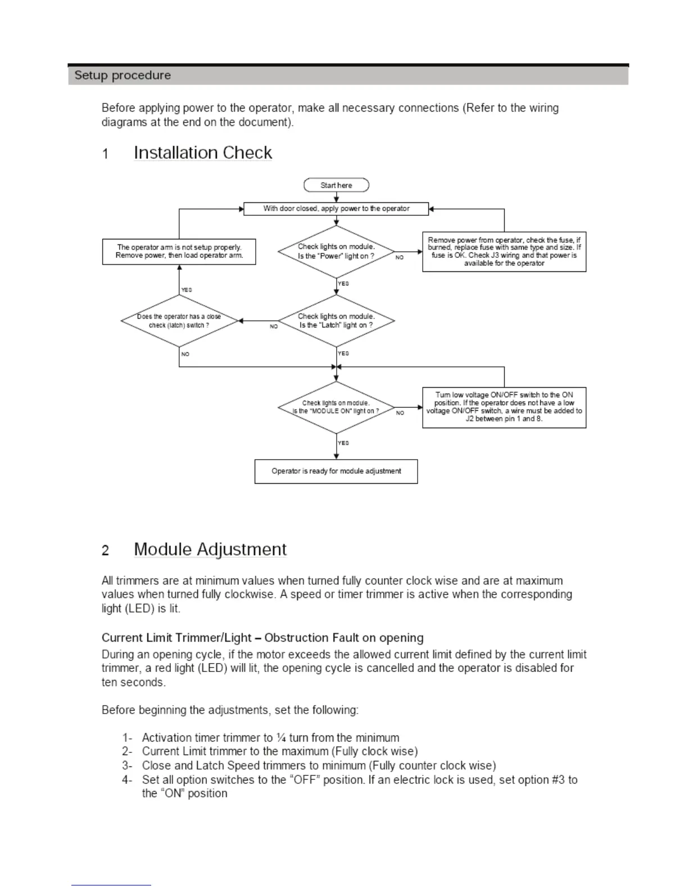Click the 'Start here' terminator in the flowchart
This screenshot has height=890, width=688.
(336, 185)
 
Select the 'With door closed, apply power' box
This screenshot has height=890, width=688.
(336, 208)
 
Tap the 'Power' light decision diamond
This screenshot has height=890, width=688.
(336, 251)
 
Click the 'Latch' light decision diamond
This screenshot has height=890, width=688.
(336, 321)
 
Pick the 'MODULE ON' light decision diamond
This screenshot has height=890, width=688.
(336, 407)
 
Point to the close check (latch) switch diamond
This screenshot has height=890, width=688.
(179, 321)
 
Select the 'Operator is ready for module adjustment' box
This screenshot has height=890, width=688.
(336, 471)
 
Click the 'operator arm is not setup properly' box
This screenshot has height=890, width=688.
(179, 251)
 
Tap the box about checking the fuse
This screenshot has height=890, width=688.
(504, 252)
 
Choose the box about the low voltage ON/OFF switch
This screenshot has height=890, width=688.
(504, 407)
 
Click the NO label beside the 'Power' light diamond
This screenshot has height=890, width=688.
(400, 257)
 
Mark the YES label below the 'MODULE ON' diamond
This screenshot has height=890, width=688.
(343, 443)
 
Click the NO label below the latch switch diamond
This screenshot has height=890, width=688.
(185, 355)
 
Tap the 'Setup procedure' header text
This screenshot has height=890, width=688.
(123, 75)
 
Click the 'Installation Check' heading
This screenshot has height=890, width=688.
(203, 153)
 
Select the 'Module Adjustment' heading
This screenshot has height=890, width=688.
(210, 550)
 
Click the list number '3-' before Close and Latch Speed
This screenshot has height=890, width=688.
(127, 766)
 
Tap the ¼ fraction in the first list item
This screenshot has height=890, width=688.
(282, 738)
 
